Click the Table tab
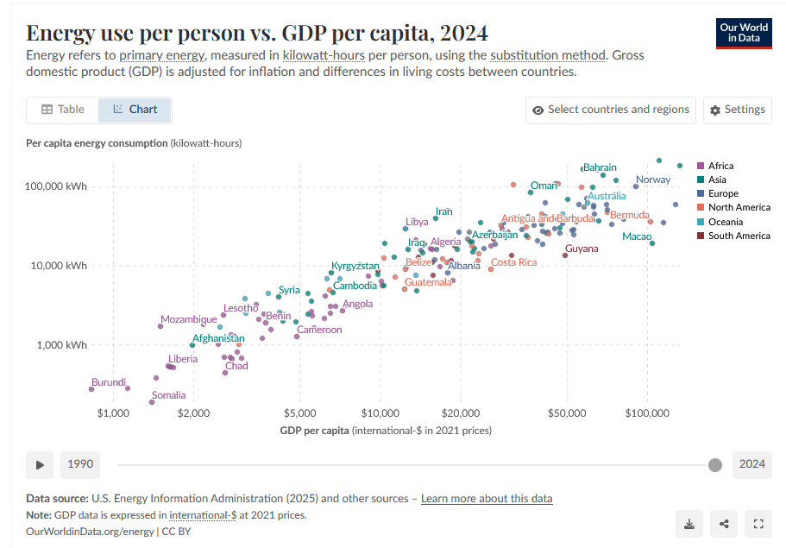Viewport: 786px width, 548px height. coord(63,110)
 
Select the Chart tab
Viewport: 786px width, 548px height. coord(135,110)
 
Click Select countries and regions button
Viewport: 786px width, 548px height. coord(611,110)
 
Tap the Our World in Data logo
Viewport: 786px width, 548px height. coord(744,33)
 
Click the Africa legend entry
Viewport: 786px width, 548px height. coord(720,166)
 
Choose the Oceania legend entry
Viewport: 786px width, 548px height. coord(726,222)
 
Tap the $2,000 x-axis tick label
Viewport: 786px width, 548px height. coord(193,414)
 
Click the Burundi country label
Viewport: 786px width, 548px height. coord(109,382)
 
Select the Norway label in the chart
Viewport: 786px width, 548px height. coord(652,180)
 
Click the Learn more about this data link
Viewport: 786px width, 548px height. coord(487,499)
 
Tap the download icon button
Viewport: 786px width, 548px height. coord(689,523)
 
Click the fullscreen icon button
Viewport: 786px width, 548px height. coord(758,523)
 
